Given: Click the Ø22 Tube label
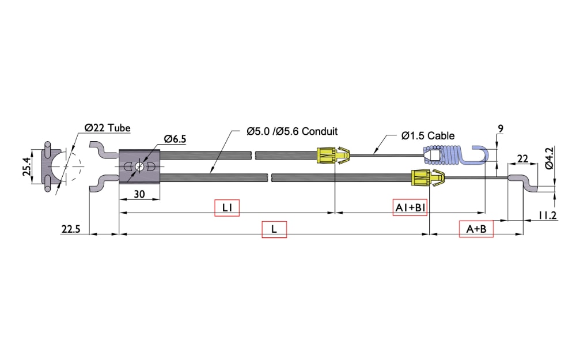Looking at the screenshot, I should [x=107, y=128].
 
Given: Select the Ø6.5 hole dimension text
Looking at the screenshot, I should [x=175, y=139].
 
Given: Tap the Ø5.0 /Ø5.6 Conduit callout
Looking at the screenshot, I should [x=292, y=131].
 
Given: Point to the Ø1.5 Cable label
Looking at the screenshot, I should [x=428, y=136].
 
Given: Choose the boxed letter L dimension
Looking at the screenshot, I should [x=274, y=229].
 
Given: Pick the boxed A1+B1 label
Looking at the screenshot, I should [x=410, y=208].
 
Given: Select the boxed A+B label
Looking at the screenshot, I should [x=476, y=229].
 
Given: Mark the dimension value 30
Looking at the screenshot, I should [x=139, y=194].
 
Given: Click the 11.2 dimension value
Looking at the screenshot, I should [x=547, y=215].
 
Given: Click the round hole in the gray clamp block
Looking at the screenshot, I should [x=139, y=167].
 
